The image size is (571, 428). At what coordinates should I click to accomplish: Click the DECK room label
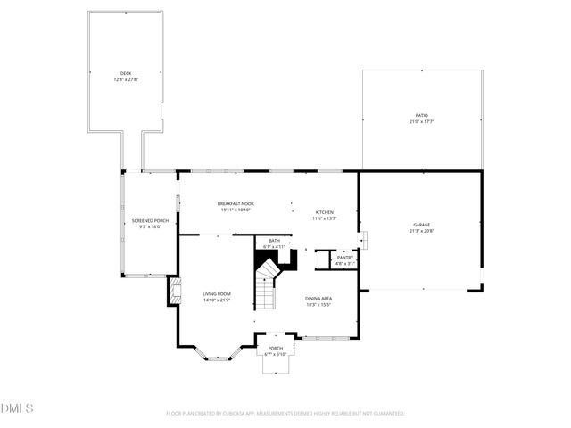point(126,73)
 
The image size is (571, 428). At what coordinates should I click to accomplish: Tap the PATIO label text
point(421,115)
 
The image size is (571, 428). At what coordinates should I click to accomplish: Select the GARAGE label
point(421,225)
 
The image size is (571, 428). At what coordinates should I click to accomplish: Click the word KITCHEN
point(323,212)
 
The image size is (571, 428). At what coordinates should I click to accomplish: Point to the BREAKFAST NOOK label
point(236,203)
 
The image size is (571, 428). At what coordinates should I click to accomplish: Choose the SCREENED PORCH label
point(150,220)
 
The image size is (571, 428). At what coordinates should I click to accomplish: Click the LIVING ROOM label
point(217,293)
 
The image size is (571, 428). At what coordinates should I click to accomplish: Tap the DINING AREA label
point(319,298)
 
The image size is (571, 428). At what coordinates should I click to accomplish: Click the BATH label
point(274,240)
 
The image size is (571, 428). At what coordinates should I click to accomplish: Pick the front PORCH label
point(276,348)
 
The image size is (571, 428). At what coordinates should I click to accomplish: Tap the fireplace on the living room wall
point(174,292)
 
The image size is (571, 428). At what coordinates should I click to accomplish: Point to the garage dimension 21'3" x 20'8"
point(421,232)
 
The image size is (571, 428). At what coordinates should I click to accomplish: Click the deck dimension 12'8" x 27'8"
point(126,80)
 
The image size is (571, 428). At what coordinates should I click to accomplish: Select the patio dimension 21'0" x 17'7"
point(421,121)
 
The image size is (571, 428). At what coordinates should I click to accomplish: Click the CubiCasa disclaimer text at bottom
point(285,414)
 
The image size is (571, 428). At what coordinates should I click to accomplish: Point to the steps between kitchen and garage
point(363,239)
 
